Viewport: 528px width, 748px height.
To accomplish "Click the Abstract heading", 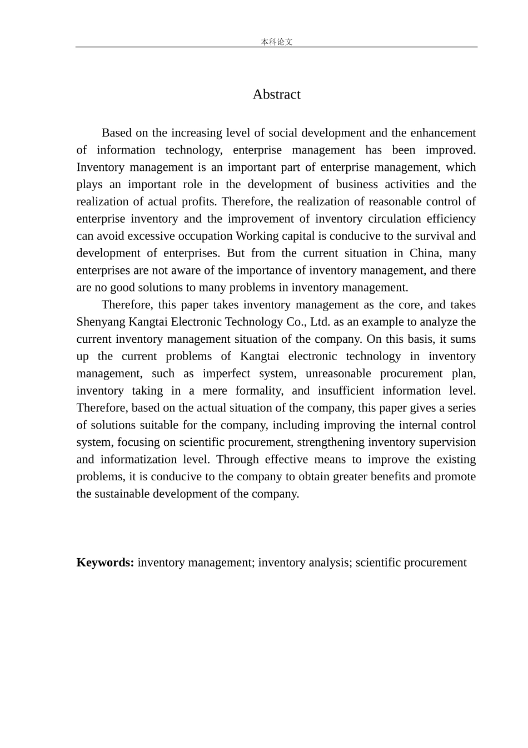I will (x=276, y=95).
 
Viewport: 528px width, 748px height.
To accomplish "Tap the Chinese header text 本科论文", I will (x=276, y=42).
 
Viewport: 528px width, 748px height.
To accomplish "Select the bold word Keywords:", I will (x=105, y=563).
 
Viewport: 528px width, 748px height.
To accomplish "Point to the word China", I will (x=424, y=253).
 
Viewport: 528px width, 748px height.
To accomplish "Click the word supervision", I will (x=449, y=442).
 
